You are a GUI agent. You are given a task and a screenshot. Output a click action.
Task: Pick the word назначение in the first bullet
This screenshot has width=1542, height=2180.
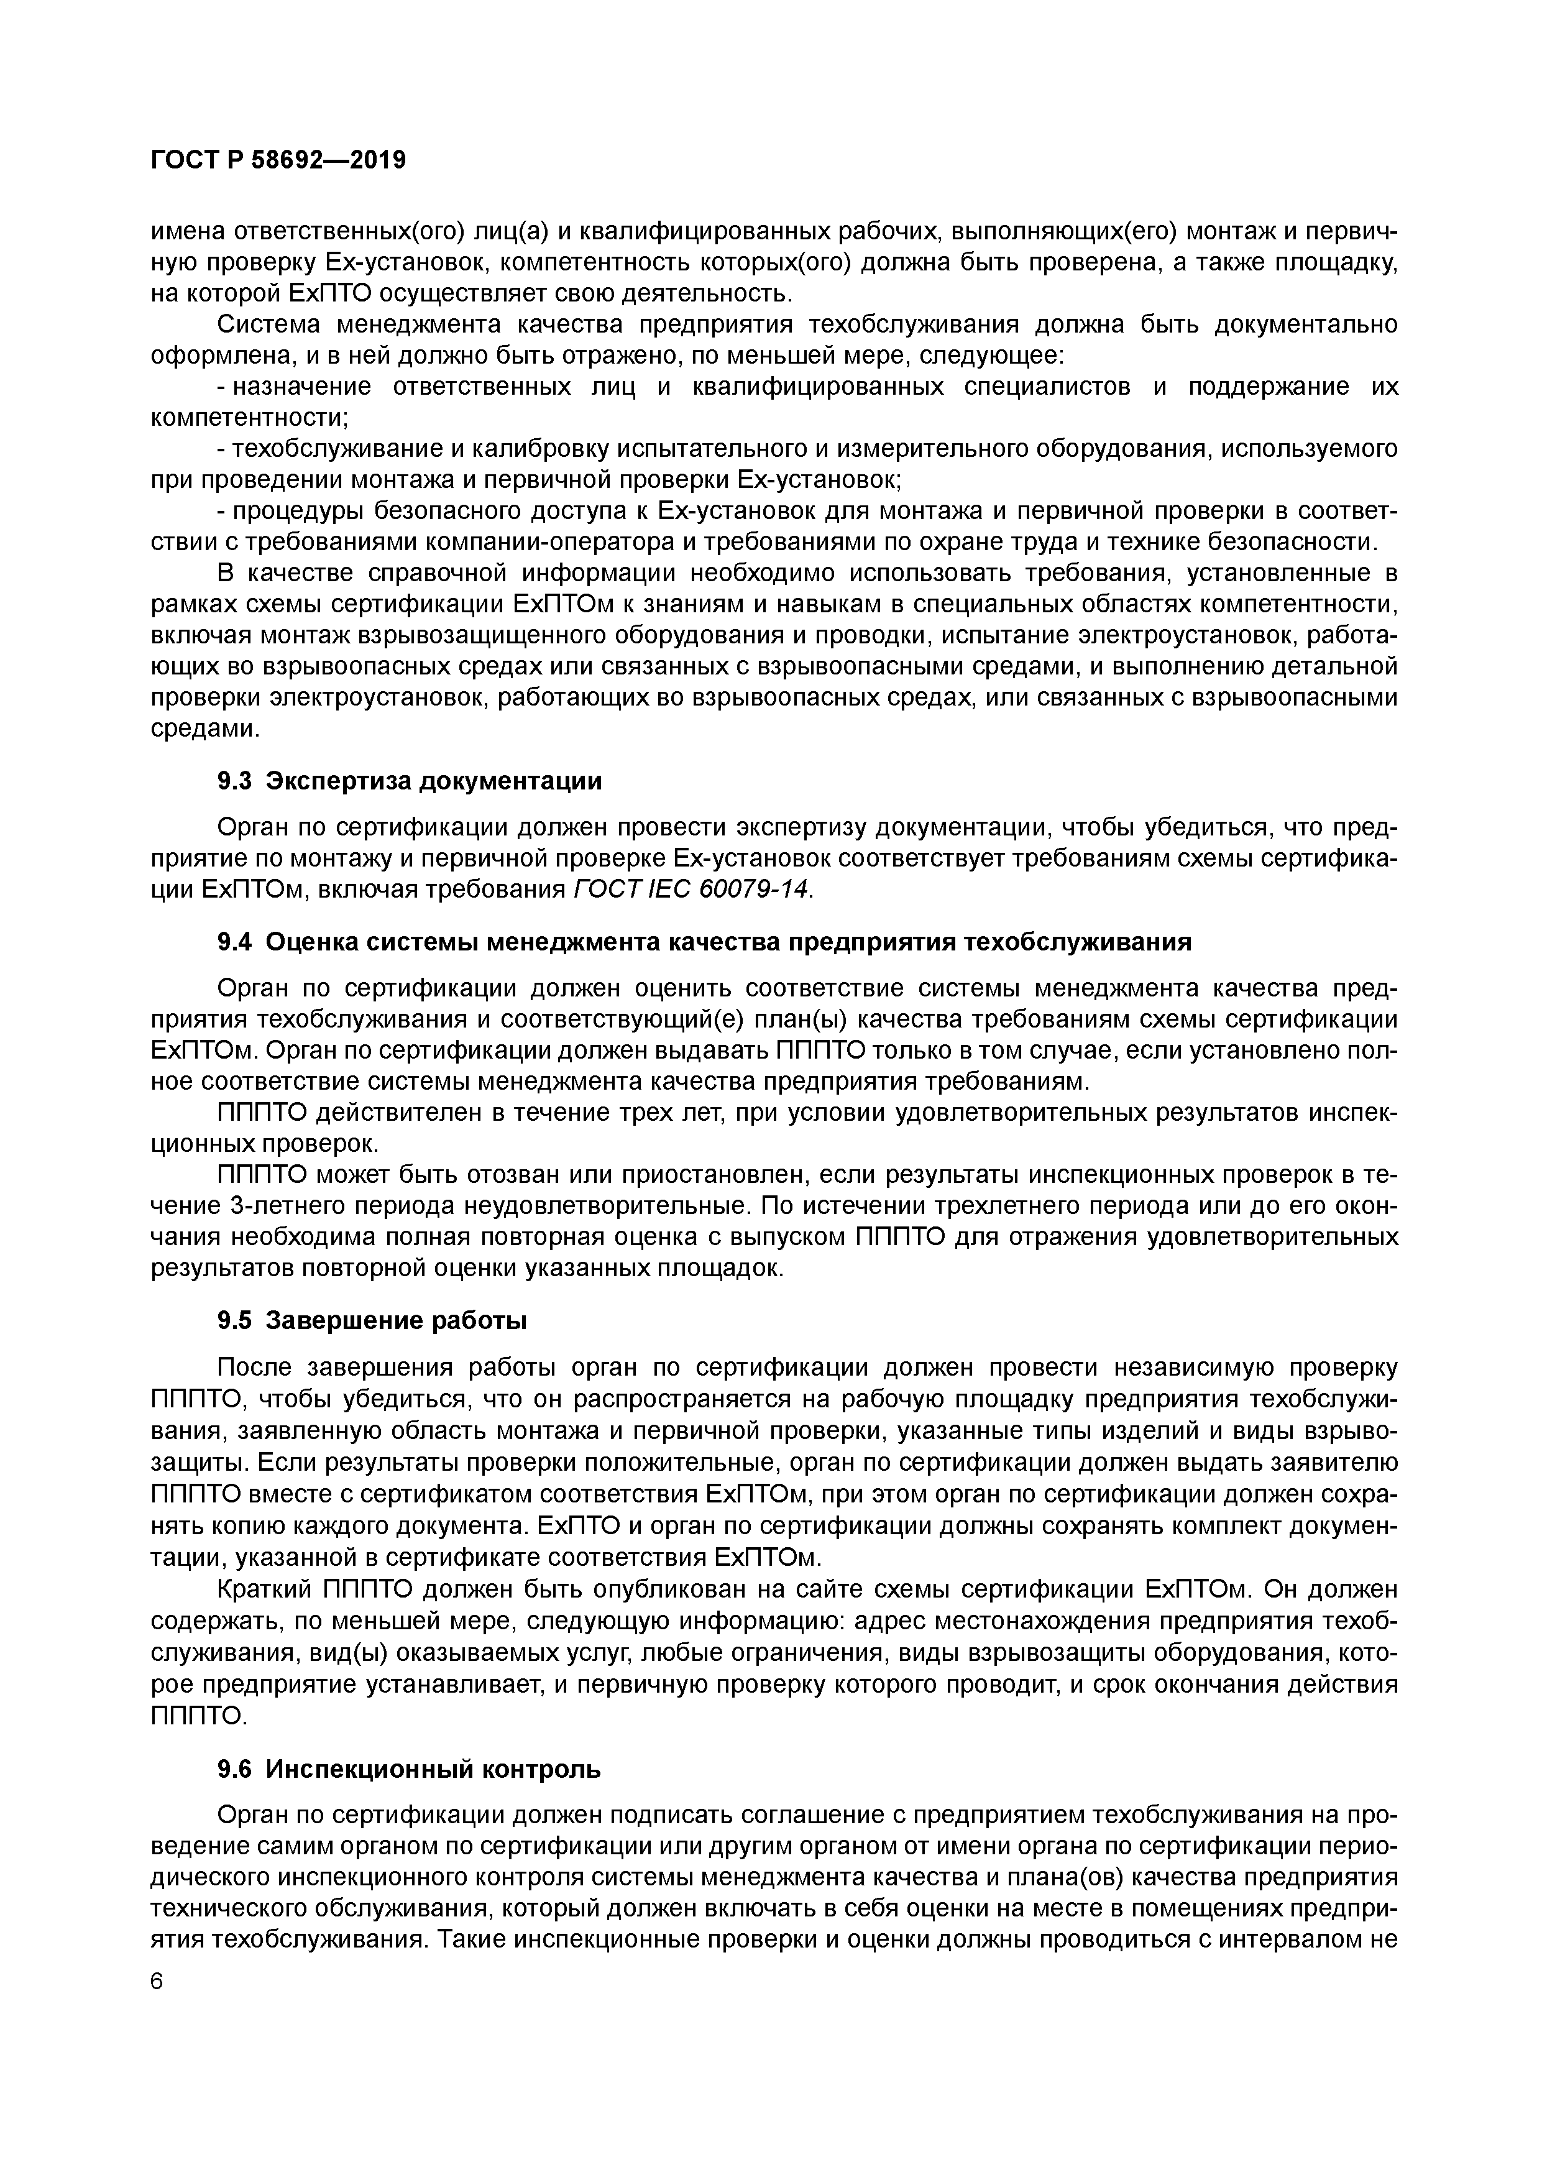point(300,387)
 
